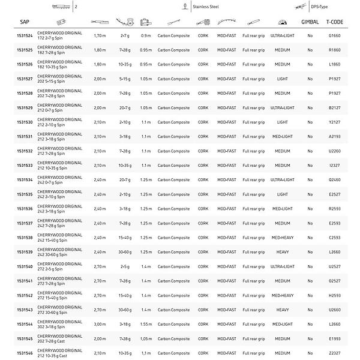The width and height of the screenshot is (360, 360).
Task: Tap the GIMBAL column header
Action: click(310, 22)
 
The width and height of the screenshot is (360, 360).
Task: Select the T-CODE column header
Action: click(335, 22)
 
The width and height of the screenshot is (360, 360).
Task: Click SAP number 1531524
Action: click(25, 36)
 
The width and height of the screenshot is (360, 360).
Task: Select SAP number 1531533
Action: click(25, 166)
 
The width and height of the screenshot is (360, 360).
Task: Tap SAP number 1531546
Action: click(25, 353)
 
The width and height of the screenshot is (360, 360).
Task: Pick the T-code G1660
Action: click(335, 36)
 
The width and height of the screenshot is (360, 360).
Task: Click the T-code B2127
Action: click(335, 108)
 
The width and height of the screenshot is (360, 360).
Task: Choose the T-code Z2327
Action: click(335, 353)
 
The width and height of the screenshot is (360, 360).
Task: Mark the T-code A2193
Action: click(335, 137)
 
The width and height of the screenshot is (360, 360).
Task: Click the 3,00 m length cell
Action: click(100, 324)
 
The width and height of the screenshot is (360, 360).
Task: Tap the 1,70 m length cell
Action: click(100, 36)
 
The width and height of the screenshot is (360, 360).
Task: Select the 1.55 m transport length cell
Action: click(146, 324)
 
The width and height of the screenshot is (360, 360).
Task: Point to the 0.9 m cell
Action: click(146, 36)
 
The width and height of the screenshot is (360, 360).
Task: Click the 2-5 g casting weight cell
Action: click(125, 266)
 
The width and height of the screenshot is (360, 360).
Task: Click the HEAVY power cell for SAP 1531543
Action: click(282, 310)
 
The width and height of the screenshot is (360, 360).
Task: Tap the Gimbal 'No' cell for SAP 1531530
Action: click(310, 122)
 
